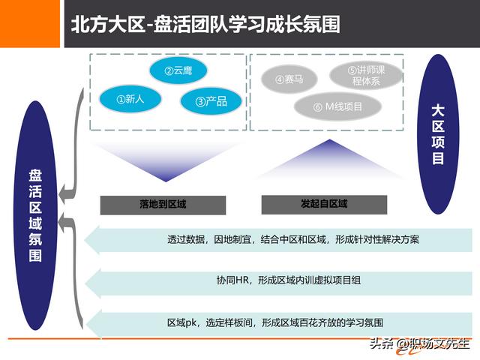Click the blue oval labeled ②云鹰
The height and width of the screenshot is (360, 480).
[x=178, y=71]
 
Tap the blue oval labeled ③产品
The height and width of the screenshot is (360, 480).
[x=204, y=101]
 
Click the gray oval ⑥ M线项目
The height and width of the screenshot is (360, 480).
[x=338, y=107]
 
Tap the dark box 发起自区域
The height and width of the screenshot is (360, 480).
[x=323, y=204]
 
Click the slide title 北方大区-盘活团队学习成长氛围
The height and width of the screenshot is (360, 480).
[x=205, y=24]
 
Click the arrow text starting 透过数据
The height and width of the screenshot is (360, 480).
[x=294, y=241]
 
